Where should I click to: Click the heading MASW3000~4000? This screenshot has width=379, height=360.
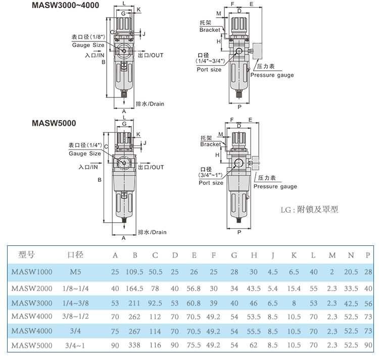pos(66,6)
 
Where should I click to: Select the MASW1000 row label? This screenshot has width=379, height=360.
pos(31,272)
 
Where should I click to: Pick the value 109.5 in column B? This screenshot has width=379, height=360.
pos(135,272)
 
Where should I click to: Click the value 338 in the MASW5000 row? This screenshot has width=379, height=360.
pos(135,346)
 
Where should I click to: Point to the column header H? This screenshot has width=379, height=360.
pos(254,255)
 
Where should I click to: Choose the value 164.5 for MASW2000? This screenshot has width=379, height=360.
pos(135,288)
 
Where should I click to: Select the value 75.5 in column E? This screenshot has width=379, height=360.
pos(194,346)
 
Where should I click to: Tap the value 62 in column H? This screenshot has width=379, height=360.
pos(254,346)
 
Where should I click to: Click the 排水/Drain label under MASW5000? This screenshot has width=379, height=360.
pos(152,232)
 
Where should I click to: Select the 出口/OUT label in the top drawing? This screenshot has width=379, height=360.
pos(151,55)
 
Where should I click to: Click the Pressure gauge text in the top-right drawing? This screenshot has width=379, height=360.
pos(272,75)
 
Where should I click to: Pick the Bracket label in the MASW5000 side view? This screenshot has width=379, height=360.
pos(210,144)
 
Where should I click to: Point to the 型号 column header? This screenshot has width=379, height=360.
pos(26,255)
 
